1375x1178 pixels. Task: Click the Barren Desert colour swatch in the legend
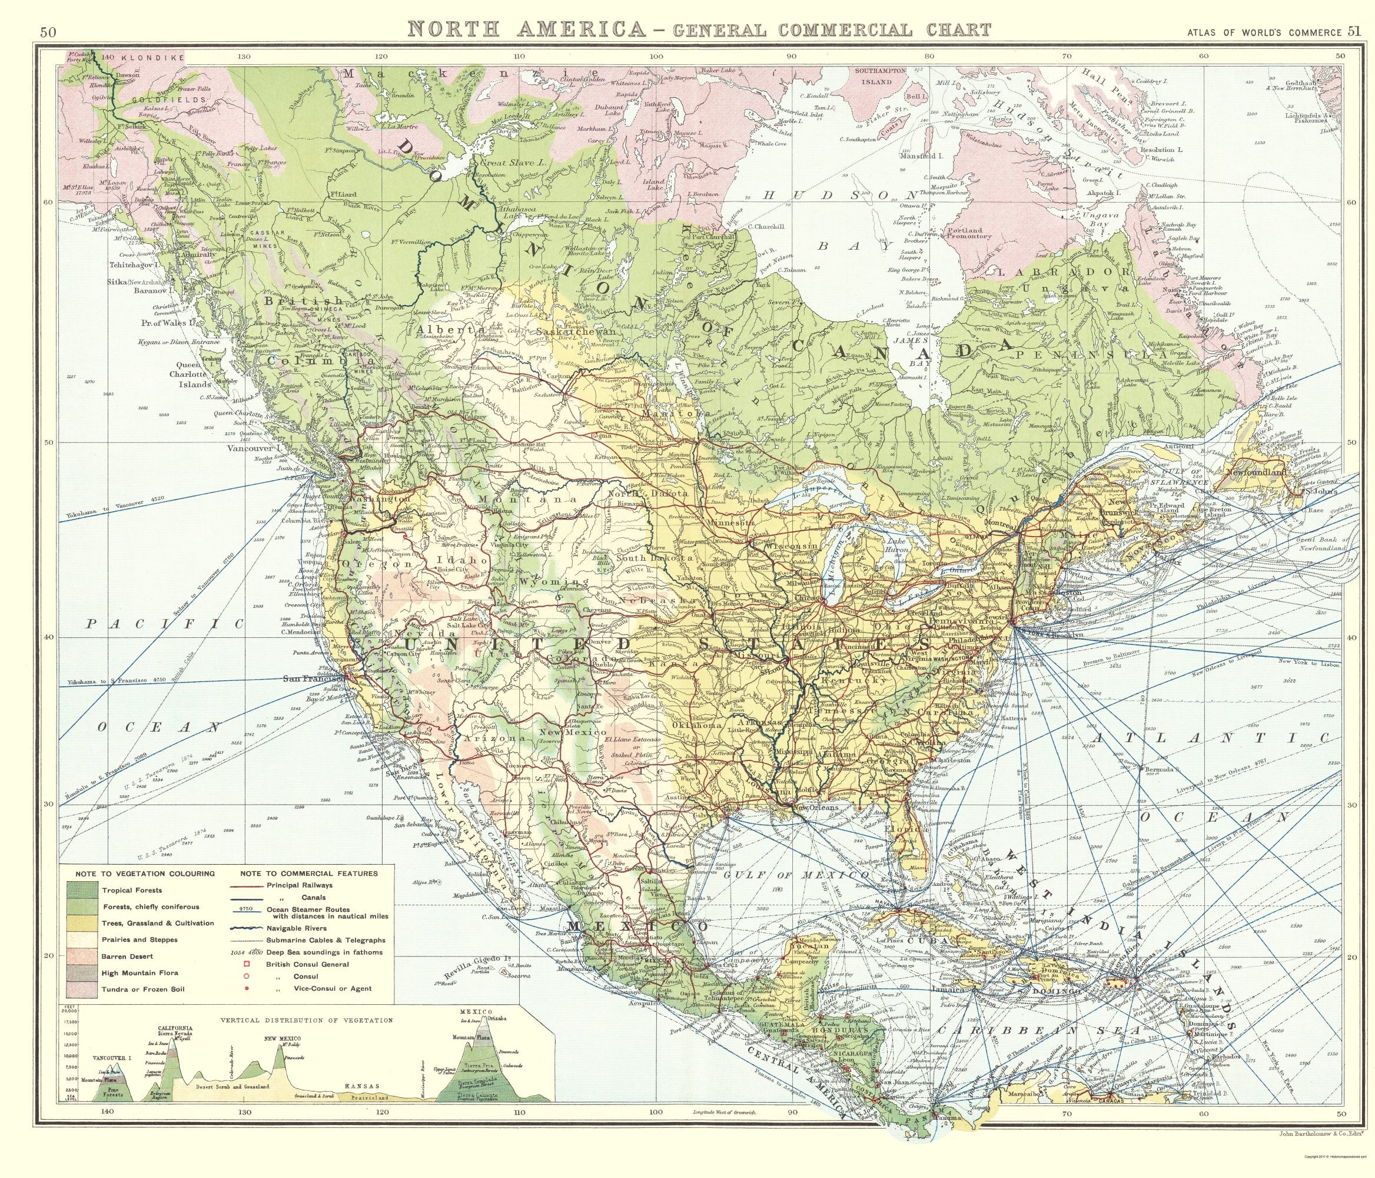tap(83, 956)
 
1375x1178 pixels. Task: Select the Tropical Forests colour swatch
tap(83, 890)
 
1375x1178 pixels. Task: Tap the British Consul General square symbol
tap(247, 964)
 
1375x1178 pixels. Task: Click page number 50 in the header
tap(48, 31)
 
